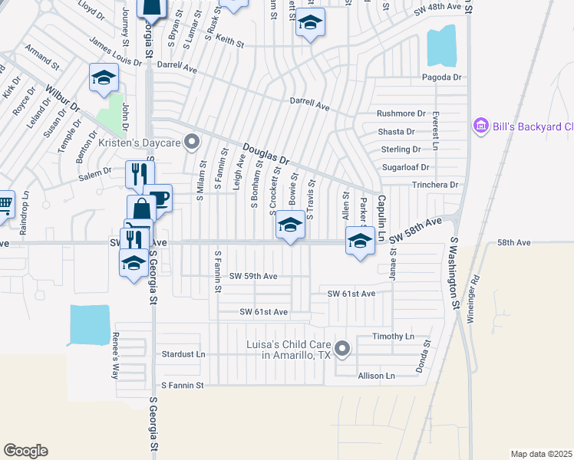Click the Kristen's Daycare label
pyautogui.click(x=140, y=142)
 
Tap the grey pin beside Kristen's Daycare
pyautogui.click(x=193, y=142)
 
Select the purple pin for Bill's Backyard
pyautogui.click(x=481, y=126)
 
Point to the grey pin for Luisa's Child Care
pyautogui.click(x=342, y=350)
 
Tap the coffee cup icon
pyautogui.click(x=160, y=199)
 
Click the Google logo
pyautogui.click(x=25, y=451)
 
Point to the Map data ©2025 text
pyautogui.click(x=540, y=454)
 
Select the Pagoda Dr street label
pyautogui.click(x=441, y=77)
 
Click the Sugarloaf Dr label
pyautogui.click(x=407, y=167)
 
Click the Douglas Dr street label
pyautogui.click(x=266, y=153)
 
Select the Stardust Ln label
pyautogui.click(x=184, y=354)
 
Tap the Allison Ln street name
pyautogui.click(x=376, y=376)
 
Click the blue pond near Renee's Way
pyautogui.click(x=90, y=324)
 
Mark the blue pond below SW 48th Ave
pyautogui.click(x=440, y=46)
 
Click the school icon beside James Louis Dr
pyautogui.click(x=103, y=78)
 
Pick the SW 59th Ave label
pyautogui.click(x=253, y=275)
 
